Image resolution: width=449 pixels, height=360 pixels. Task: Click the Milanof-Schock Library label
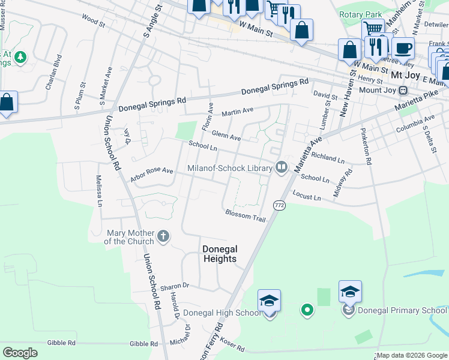pyautogui.click(x=230, y=168)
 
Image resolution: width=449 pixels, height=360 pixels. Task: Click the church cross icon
pyautogui.click(x=163, y=237)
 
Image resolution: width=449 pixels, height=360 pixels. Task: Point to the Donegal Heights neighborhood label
pyautogui.click(x=220, y=254)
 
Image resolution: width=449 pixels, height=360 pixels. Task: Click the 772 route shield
pyautogui.click(x=279, y=205)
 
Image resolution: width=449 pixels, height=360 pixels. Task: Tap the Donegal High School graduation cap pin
pyautogui.click(x=270, y=301)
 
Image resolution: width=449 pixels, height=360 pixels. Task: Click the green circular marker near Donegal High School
pyautogui.click(x=307, y=310)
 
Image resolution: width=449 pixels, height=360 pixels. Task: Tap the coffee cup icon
pyautogui.click(x=403, y=48)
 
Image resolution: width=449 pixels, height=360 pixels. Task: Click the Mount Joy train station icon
pyautogui.click(x=403, y=90)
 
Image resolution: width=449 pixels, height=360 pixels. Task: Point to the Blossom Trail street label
pyautogui.click(x=245, y=215)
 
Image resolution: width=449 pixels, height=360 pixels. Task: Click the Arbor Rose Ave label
pyautogui.click(x=151, y=175)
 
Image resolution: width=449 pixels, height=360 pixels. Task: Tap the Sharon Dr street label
pyautogui.click(x=175, y=287)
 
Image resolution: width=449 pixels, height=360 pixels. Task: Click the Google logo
pyautogui.click(x=20, y=353)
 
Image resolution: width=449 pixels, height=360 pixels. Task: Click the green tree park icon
pyautogui.click(x=21, y=57)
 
